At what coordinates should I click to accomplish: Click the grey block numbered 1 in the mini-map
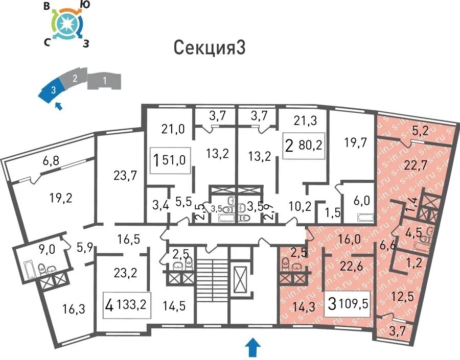(105, 80)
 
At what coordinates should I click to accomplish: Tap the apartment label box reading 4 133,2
(126, 305)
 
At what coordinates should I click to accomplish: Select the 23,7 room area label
(126, 176)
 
